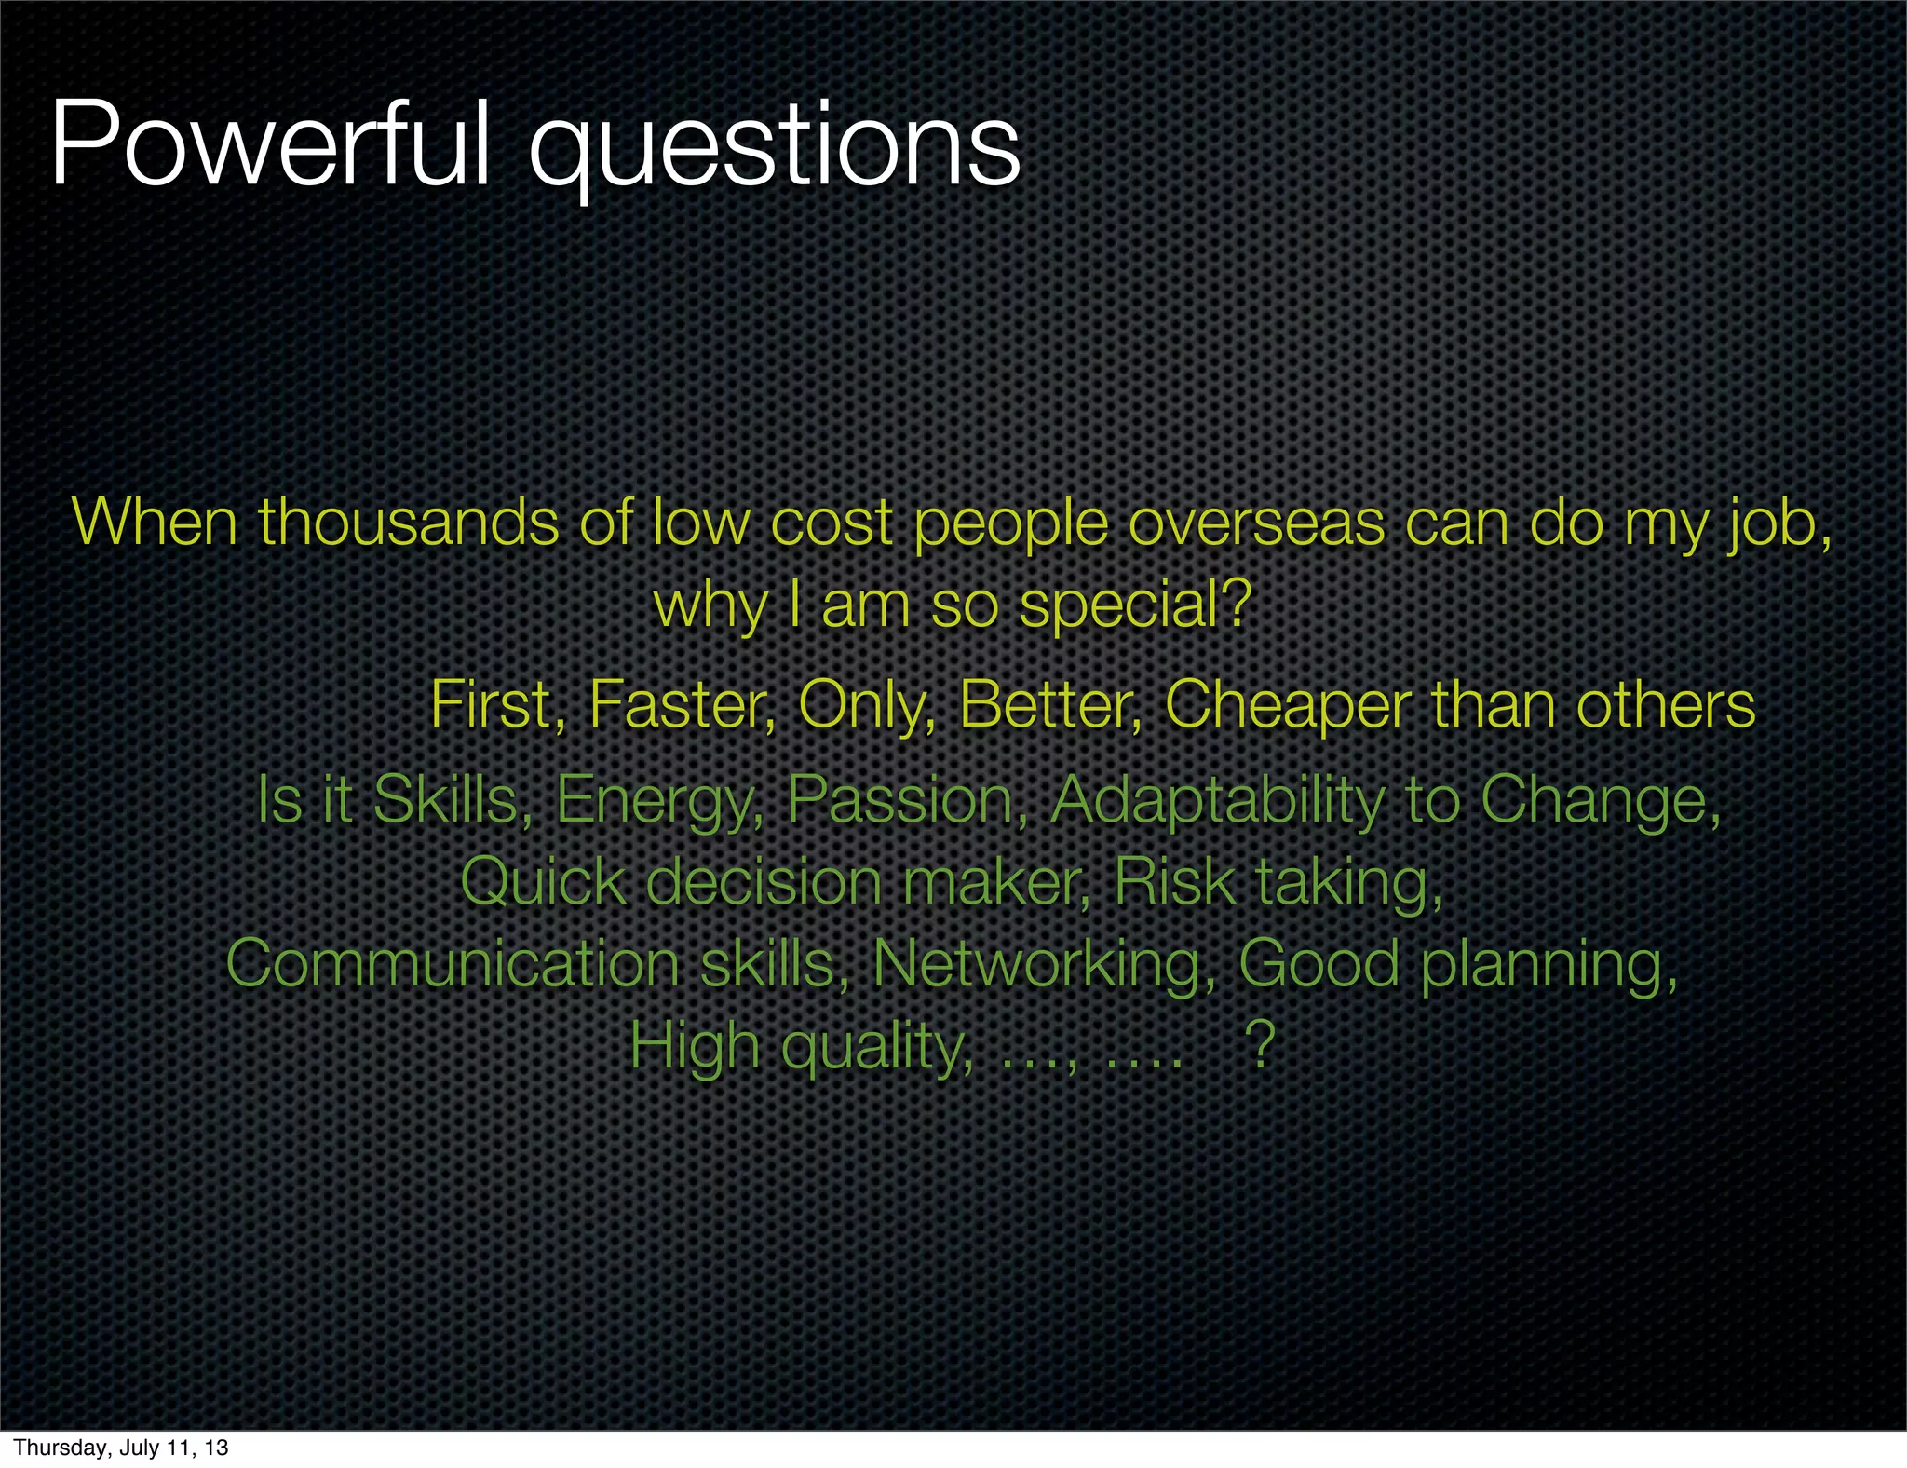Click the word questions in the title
(x=774, y=149)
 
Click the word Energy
(x=659, y=801)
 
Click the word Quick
(x=544, y=881)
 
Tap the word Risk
(x=1173, y=881)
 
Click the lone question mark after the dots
(x=1260, y=1045)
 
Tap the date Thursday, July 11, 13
(x=121, y=1448)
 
